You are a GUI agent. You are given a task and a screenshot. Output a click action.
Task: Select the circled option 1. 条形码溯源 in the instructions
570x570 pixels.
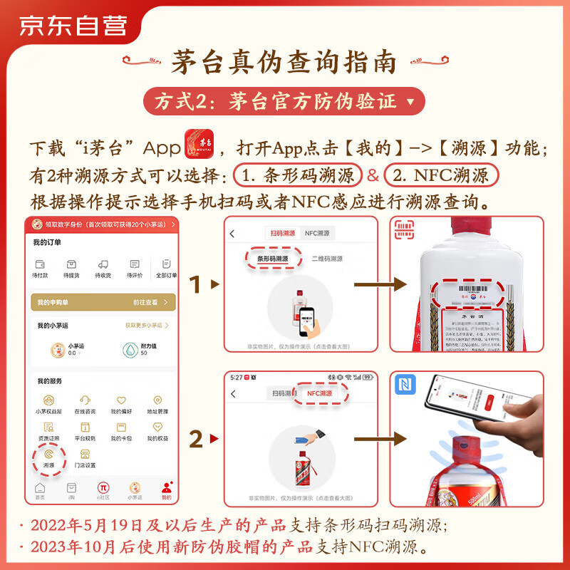[298, 175]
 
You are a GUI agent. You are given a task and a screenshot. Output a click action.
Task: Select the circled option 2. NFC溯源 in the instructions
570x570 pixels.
[441, 175]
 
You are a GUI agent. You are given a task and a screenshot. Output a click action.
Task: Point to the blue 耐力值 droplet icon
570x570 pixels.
[130, 349]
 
